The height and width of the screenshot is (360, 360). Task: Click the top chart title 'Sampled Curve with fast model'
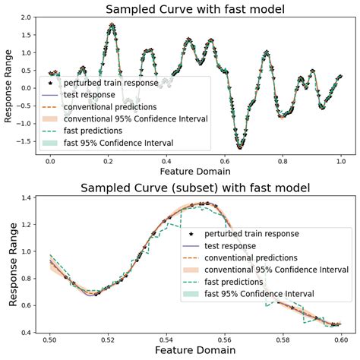point(194,9)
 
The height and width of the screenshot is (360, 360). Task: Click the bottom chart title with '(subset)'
point(194,188)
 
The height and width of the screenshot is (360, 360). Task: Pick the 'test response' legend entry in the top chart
point(94,95)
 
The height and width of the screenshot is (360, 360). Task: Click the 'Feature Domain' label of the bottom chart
point(194,352)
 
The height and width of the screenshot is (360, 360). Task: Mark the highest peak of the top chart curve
point(112,25)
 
